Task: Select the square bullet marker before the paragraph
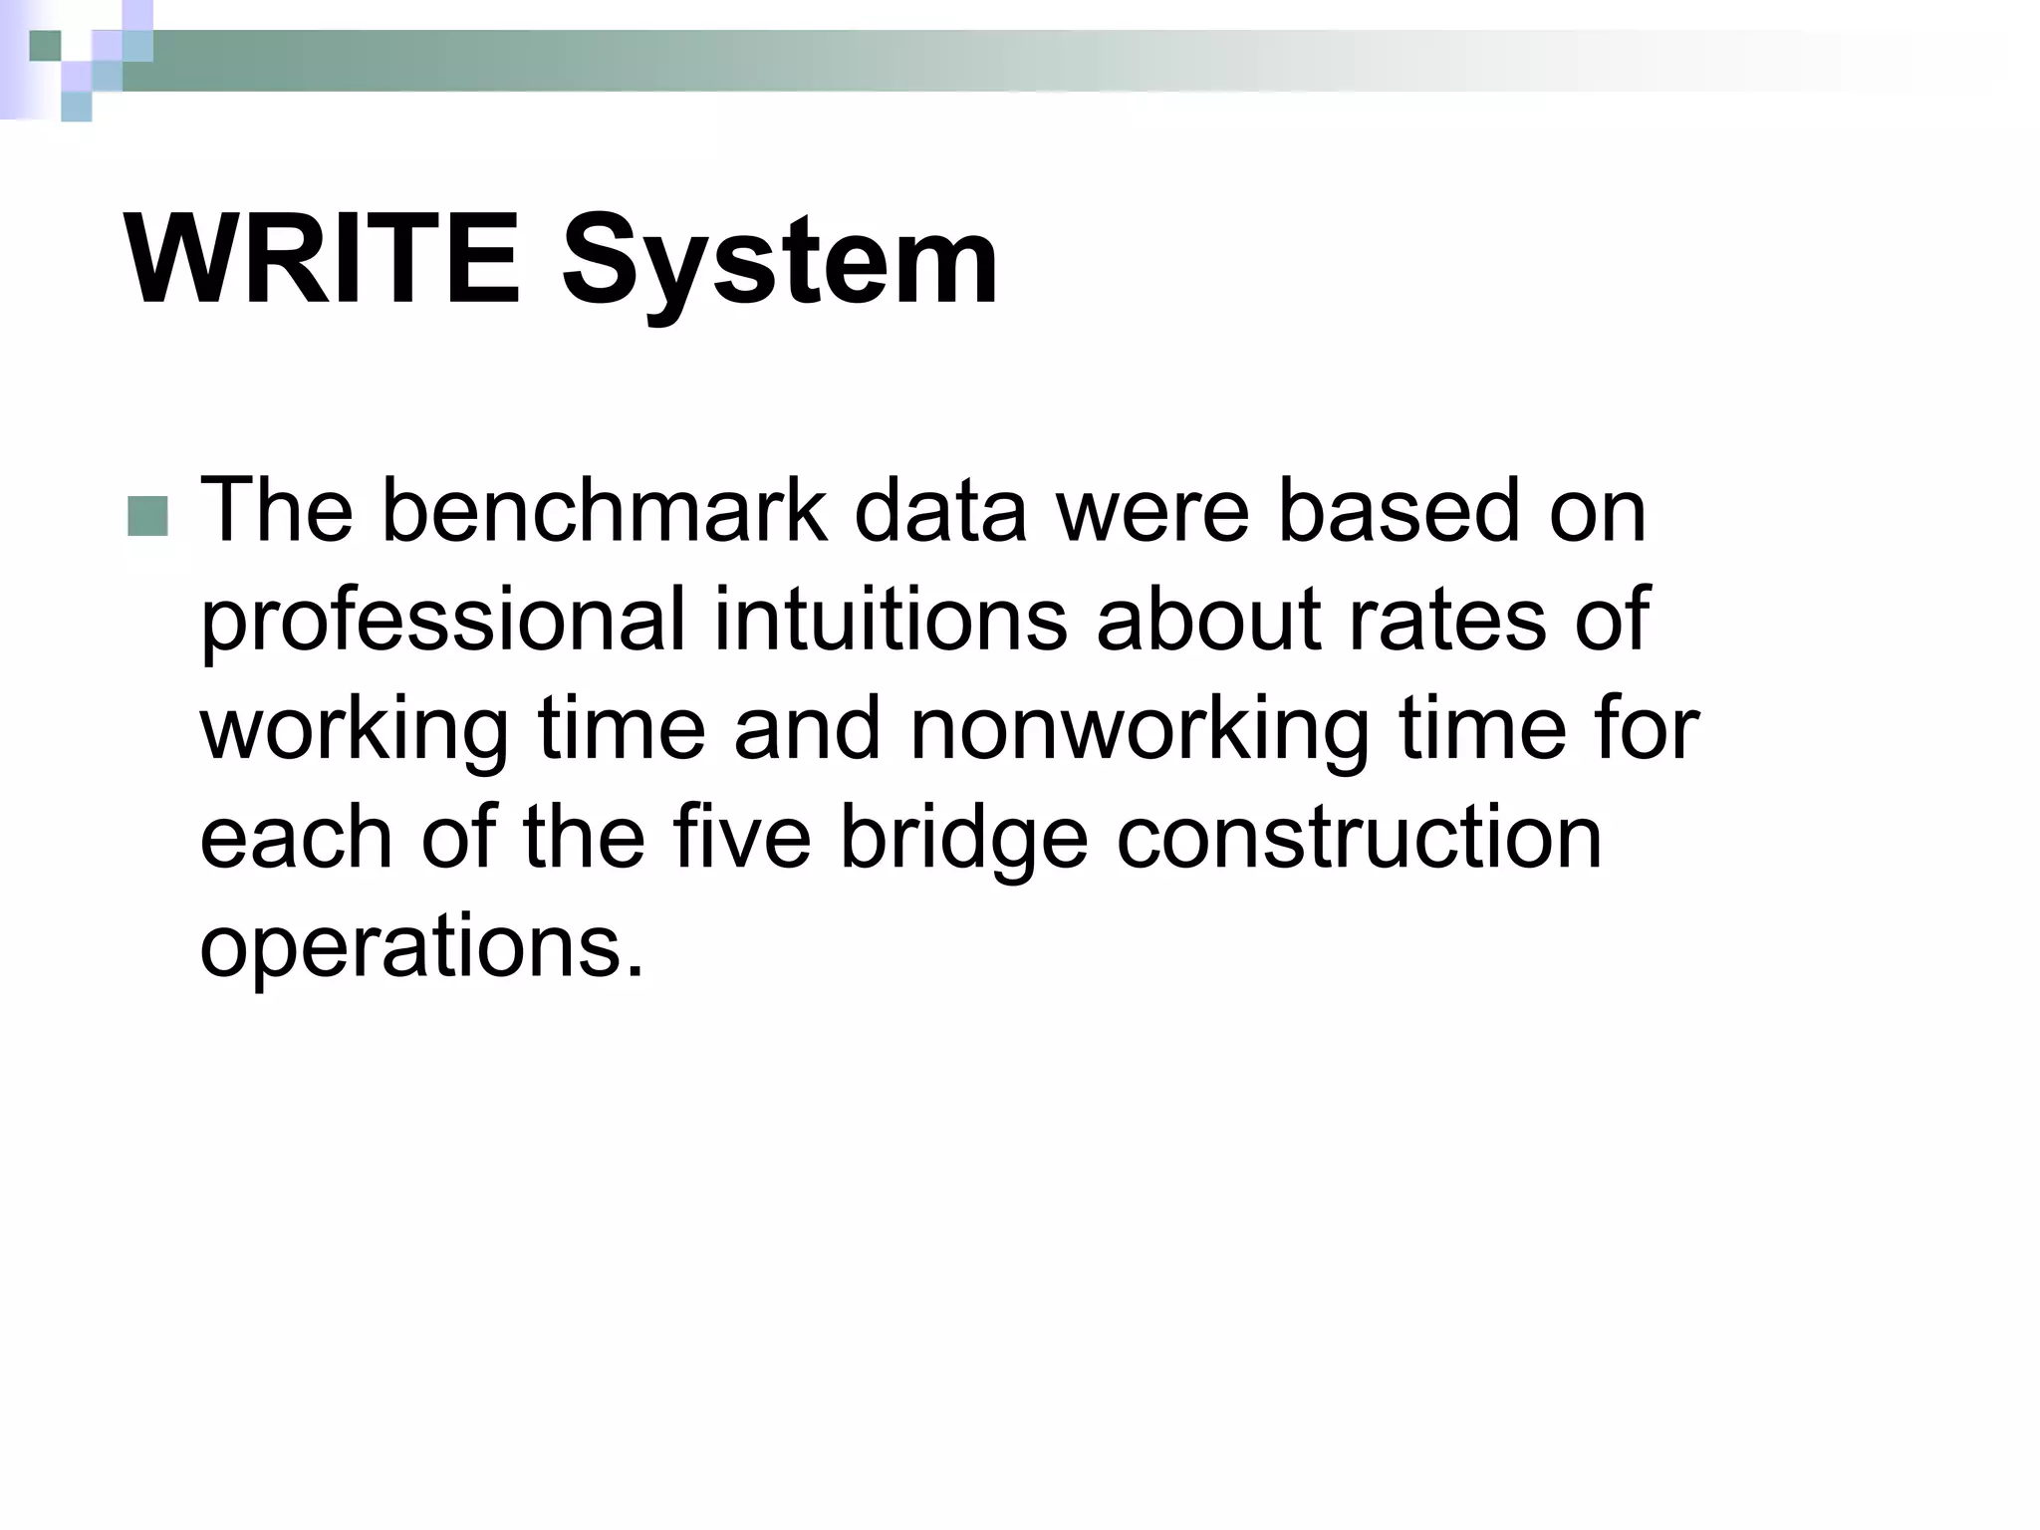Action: coord(147,517)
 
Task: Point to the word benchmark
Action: coord(604,511)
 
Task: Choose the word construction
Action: coord(1359,837)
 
